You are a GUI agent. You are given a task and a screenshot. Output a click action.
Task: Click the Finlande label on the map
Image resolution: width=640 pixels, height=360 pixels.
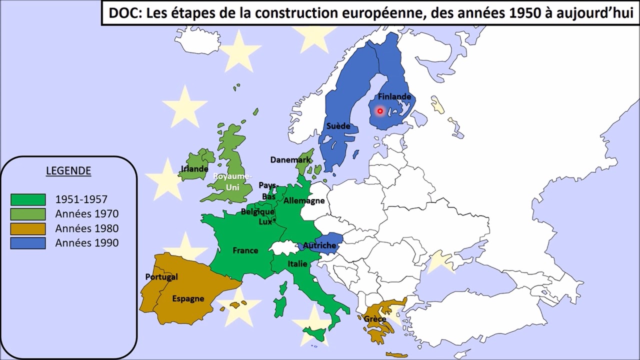[x=394, y=96]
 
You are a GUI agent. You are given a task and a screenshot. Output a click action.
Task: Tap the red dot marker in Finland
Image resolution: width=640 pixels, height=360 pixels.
[x=380, y=111]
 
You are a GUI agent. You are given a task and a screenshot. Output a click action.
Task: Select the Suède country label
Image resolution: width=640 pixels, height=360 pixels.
[x=338, y=126]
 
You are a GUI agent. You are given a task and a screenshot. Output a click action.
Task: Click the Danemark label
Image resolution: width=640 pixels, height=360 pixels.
[x=290, y=160]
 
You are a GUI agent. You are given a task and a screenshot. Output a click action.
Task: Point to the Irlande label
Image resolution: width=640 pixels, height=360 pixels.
[x=194, y=169]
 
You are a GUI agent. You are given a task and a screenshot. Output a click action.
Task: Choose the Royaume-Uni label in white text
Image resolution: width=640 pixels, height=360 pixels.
[x=233, y=181]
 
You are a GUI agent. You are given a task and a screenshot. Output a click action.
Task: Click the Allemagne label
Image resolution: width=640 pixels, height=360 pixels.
[x=304, y=201]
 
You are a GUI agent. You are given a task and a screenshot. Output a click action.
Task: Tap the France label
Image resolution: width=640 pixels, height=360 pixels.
[x=245, y=250]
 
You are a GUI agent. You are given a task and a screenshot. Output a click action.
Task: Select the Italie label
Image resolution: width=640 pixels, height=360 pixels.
[x=297, y=264]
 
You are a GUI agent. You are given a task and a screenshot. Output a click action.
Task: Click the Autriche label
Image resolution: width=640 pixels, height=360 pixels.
[x=319, y=245]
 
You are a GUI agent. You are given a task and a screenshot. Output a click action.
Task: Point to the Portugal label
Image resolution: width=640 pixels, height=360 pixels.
[x=161, y=277]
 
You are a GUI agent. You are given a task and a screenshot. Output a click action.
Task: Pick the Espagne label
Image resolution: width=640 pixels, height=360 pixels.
[x=188, y=299]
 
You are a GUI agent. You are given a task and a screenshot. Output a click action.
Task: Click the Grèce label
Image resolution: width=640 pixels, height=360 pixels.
[x=375, y=319]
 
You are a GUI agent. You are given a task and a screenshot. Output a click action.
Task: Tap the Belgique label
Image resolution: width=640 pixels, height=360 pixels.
[x=257, y=212]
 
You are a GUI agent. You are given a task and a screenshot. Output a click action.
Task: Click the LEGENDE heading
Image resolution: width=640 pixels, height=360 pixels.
[x=68, y=171]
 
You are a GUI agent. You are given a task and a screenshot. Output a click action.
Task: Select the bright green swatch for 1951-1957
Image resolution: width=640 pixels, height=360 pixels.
[x=28, y=199]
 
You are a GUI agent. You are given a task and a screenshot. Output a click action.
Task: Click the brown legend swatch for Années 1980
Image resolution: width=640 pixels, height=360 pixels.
[x=28, y=229]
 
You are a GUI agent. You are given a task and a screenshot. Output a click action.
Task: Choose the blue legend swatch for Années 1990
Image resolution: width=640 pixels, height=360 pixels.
[x=28, y=243]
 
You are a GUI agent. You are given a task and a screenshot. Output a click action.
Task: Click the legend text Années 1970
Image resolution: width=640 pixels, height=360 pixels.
[x=87, y=214]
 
